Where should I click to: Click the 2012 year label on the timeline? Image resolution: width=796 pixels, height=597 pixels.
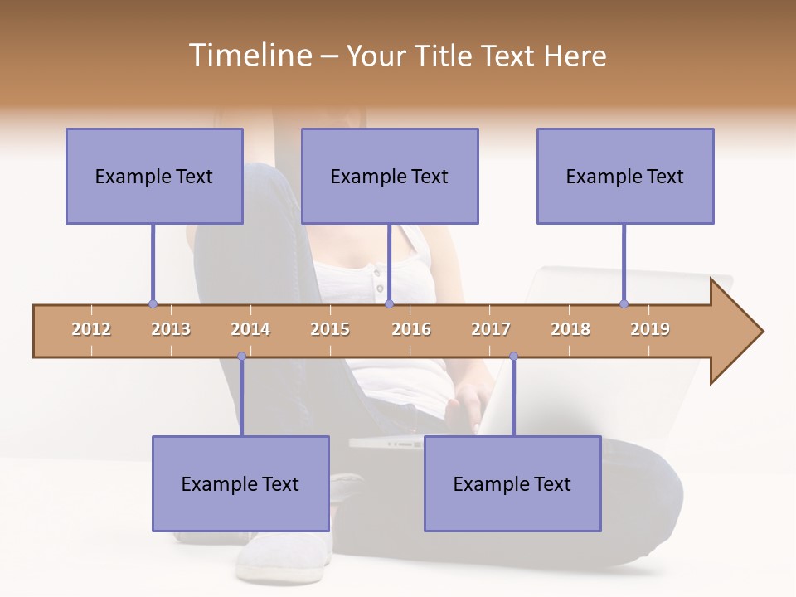tap(91, 329)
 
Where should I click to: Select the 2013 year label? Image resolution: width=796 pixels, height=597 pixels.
tap(171, 329)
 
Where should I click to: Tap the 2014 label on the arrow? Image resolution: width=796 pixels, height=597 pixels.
tap(250, 329)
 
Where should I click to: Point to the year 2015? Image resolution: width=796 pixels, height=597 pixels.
tap(330, 329)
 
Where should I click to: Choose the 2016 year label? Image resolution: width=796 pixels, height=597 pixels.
tap(411, 329)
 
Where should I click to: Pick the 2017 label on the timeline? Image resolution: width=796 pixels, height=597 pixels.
tap(491, 329)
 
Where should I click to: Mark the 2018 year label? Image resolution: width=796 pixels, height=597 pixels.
tap(570, 329)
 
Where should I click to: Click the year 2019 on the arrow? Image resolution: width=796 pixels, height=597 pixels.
tap(650, 329)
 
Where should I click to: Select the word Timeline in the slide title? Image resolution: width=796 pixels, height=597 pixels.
tap(250, 56)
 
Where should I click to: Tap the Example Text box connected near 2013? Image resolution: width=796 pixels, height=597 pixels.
tap(154, 177)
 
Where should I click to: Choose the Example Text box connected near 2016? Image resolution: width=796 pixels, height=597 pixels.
tap(390, 177)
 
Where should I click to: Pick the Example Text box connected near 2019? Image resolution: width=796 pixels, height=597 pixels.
tap(625, 177)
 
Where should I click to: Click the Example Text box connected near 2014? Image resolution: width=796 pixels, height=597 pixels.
tap(240, 484)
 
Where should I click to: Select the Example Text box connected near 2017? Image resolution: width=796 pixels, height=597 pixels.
tap(512, 484)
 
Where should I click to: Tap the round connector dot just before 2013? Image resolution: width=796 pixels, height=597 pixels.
tap(153, 303)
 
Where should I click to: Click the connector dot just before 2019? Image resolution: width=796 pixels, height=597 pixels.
tap(624, 303)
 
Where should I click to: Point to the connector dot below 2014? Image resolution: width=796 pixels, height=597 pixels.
tap(241, 357)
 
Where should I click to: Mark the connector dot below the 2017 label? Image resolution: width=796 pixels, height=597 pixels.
tap(513, 357)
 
